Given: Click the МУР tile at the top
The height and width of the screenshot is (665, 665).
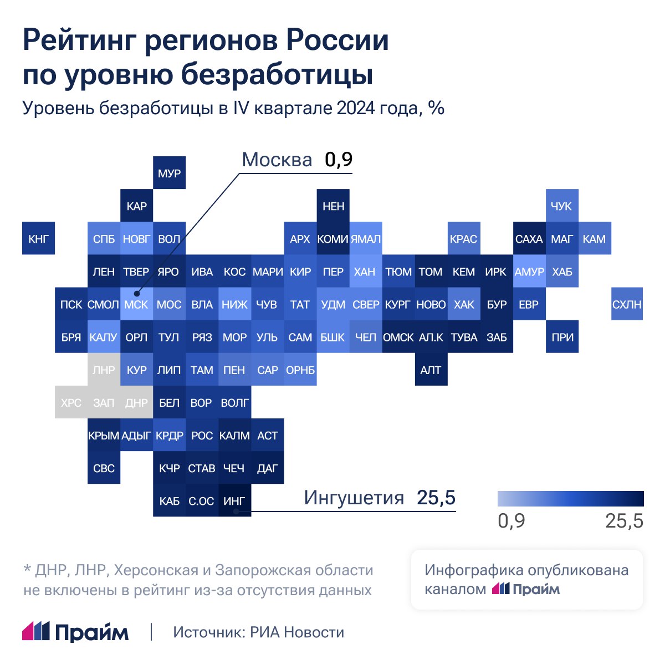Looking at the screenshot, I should tap(169, 173).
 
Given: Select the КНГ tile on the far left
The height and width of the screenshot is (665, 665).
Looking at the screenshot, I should tap(38, 239).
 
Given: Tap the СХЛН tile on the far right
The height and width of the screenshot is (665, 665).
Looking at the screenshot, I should tap(627, 304).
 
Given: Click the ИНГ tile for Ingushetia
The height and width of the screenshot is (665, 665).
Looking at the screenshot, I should tap(234, 501).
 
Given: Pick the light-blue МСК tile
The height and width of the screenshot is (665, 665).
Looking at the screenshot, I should tap(136, 304).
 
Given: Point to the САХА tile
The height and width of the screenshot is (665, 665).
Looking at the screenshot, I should tap(529, 239).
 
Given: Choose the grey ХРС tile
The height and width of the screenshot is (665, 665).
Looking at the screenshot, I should tap(71, 402).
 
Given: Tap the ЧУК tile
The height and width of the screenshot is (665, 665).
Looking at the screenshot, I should tap(561, 206).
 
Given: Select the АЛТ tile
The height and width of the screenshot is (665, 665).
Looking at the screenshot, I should tap(431, 370).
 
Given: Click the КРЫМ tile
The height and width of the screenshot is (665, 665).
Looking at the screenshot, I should tap(104, 436).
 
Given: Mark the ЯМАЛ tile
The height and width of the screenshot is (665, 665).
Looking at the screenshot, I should tap(365, 239).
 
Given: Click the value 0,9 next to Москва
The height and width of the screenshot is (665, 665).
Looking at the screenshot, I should tap(338, 160).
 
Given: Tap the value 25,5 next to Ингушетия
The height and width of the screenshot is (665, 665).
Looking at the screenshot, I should tap(436, 498).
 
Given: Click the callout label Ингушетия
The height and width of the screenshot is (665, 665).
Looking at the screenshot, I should tap(354, 498).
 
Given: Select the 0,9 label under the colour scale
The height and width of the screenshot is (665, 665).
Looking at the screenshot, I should tap(511, 521).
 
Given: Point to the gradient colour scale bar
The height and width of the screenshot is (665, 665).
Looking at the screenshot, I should tap(570, 499).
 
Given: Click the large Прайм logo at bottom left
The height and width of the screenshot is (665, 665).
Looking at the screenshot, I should tap(75, 632).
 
